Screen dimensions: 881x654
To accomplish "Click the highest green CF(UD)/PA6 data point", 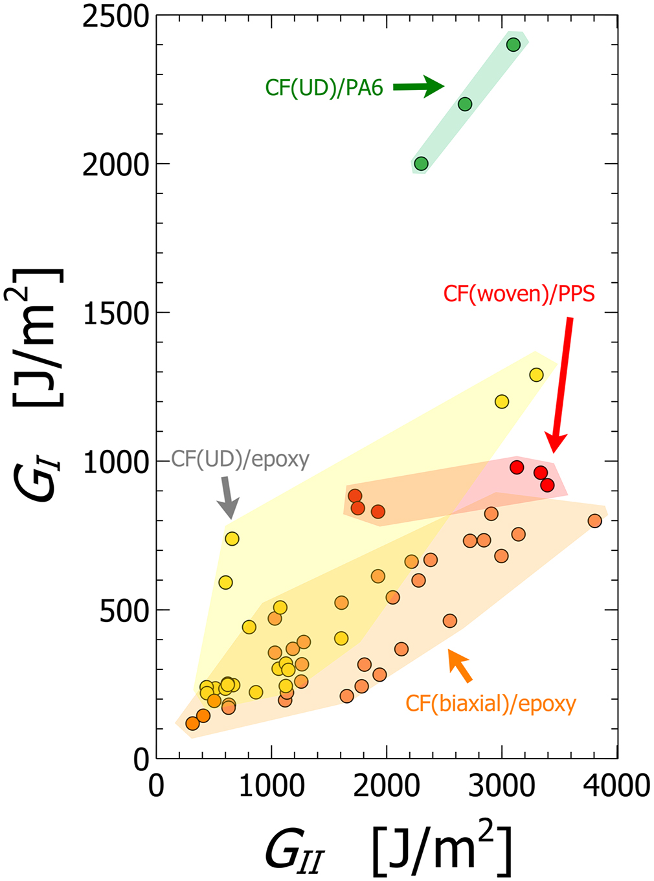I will (513, 45).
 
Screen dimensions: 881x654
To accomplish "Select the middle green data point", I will (465, 104).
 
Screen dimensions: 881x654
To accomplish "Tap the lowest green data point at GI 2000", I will (421, 164).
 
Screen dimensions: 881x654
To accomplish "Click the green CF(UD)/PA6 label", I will (324, 87).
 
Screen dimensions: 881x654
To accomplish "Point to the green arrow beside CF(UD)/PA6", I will (418, 86).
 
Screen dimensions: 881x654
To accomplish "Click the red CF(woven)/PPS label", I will (519, 294).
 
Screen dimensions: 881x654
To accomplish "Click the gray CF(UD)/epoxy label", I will (240, 459).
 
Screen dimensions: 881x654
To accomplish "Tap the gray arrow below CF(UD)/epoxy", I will (229, 497).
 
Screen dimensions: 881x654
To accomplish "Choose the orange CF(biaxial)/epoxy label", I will (491, 703).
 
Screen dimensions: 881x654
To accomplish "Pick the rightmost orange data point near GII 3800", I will (594, 520).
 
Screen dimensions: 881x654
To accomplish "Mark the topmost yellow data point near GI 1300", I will (536, 375).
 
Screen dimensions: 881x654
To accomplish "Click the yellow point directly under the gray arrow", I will (232, 539).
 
